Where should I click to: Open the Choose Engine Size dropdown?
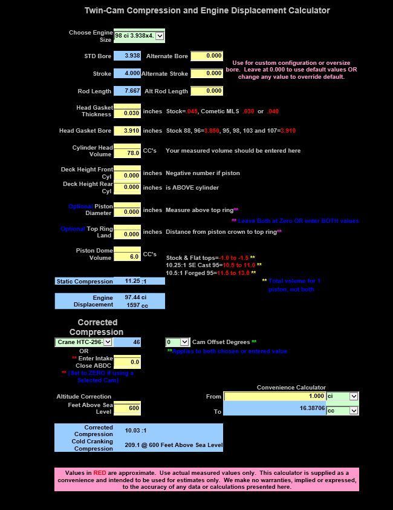pyautogui.click(x=160, y=36)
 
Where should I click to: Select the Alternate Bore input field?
pyautogui.click(x=207, y=56)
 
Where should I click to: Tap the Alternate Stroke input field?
pyautogui.click(x=207, y=73)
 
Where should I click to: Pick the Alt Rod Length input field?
pyautogui.click(x=207, y=91)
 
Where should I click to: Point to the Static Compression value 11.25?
pyautogui.click(x=133, y=281)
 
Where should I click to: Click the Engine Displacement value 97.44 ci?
pyautogui.click(x=135, y=297)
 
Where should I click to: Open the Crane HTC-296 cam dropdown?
pyautogui.click(x=108, y=342)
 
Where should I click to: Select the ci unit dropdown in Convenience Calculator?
pyautogui.click(x=354, y=396)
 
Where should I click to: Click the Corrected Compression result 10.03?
pyautogui.click(x=135, y=431)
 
